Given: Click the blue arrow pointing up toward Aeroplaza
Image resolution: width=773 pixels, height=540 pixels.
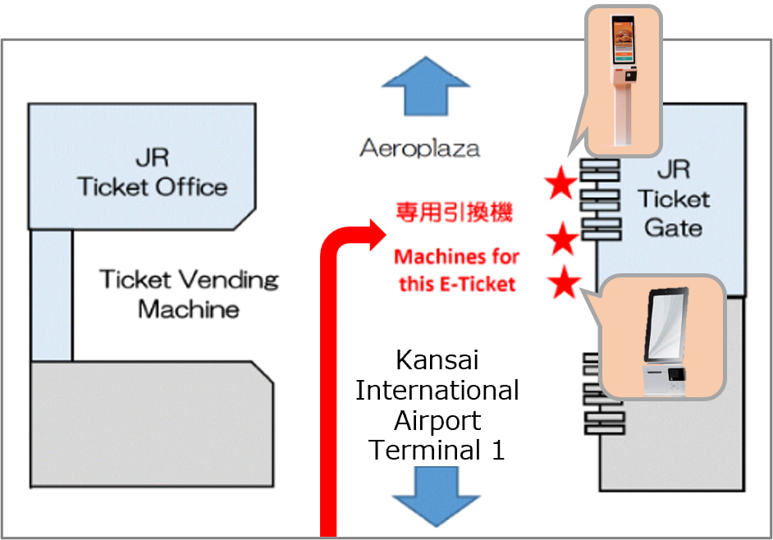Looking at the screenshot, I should point(423,87).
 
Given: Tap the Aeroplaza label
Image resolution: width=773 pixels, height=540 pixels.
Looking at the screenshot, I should point(419,149).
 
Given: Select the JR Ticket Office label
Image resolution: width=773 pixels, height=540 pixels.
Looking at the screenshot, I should point(153,172).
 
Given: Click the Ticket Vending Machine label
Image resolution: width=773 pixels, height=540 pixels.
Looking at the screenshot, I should point(189,294).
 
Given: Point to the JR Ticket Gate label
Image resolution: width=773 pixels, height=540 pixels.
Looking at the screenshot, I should point(673,199).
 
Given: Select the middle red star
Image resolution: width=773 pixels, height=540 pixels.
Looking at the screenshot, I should point(563,240).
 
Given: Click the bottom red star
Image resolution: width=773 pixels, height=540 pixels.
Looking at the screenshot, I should point(565,284).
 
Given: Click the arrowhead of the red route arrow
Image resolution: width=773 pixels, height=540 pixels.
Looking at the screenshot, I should point(375,232).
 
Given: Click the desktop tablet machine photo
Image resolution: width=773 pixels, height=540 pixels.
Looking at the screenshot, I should point(664,338).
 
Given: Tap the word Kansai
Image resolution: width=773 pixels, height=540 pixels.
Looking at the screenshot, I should point(437,360).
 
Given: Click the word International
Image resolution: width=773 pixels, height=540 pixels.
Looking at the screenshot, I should point(437,391).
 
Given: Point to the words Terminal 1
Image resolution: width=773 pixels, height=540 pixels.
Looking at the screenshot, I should point(437,450).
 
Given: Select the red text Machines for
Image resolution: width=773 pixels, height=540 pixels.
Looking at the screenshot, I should point(456,257).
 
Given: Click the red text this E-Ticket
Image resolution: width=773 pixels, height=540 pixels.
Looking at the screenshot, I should point(457,284).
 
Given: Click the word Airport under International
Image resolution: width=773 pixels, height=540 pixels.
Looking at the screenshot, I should point(437,420).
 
